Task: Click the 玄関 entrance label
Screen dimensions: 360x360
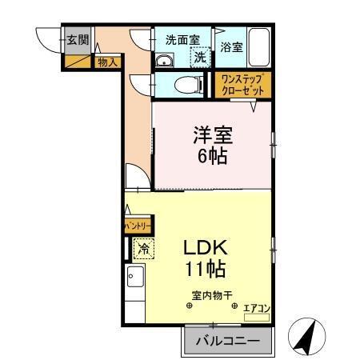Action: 76,40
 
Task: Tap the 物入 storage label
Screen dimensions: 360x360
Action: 106,62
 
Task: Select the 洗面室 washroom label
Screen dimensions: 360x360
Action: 182,39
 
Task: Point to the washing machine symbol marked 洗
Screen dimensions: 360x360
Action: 199,57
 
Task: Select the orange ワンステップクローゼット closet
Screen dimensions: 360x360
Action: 242,84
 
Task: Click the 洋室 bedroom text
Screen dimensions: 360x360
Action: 212,133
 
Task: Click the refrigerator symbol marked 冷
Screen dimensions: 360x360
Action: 142,250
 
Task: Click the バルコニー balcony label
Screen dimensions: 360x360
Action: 229,342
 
